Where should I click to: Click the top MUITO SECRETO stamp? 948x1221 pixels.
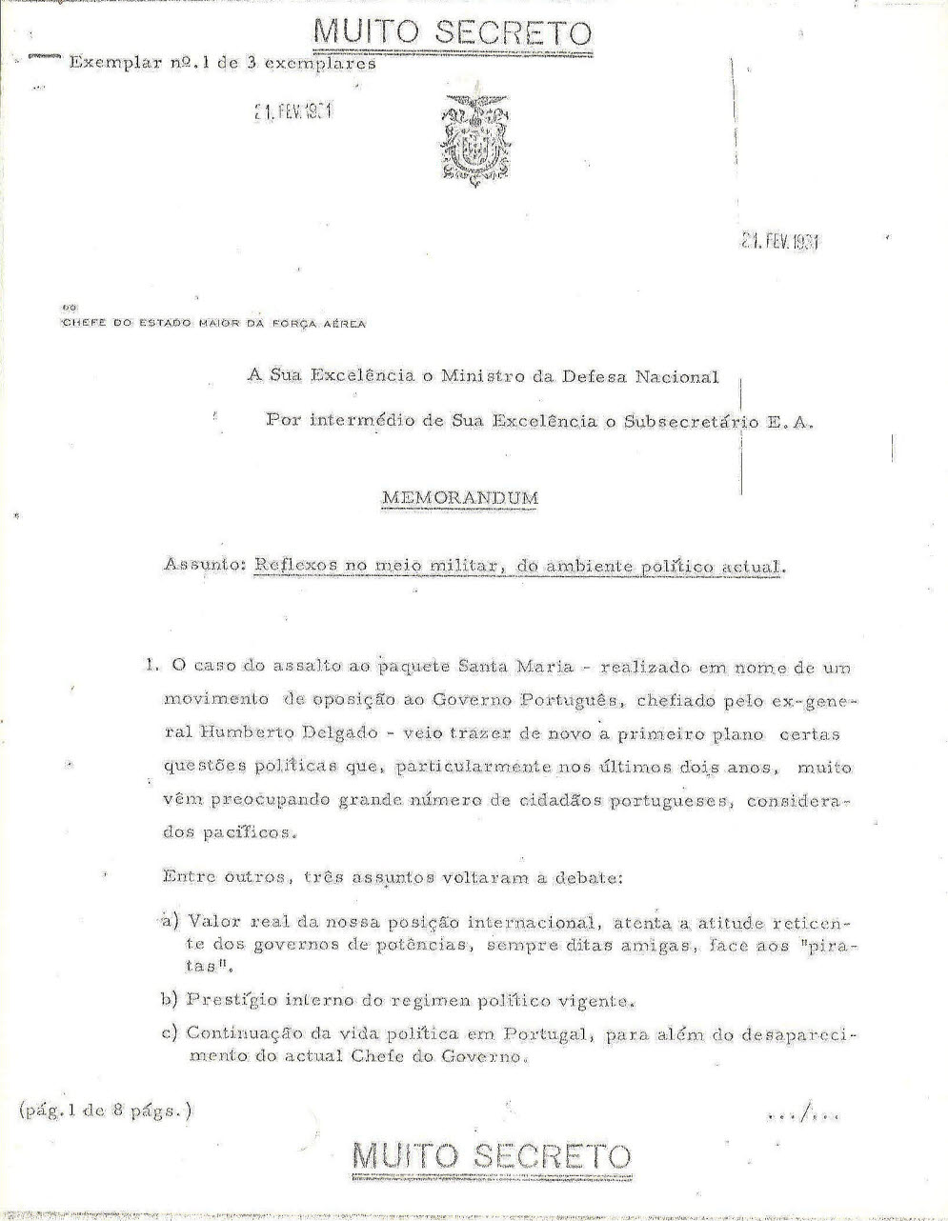tap(452, 33)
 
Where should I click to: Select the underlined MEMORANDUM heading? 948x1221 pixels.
tap(459, 497)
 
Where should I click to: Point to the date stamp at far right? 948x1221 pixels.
tap(779, 240)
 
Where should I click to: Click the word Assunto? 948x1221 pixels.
tap(205, 565)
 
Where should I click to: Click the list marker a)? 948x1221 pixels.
tap(170, 921)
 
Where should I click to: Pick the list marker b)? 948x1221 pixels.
tap(170, 1000)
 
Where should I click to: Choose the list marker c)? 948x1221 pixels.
tap(170, 1033)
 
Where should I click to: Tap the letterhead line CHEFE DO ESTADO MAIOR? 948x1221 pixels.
tap(213, 323)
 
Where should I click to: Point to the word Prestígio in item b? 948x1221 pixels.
tap(228, 1000)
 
